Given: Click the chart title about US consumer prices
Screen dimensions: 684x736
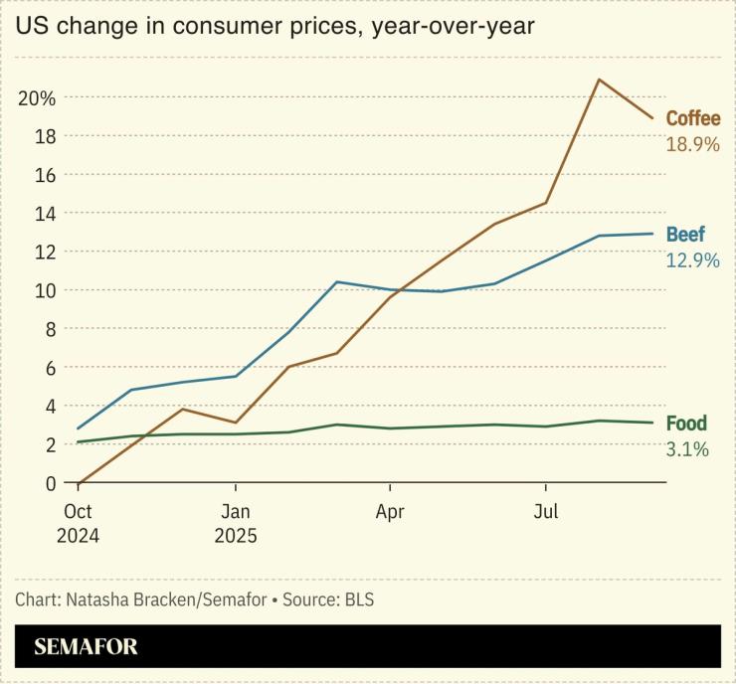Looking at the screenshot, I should [x=276, y=26].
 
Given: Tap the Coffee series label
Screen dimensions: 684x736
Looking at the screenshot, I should [x=692, y=118].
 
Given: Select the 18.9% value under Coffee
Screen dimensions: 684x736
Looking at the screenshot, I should [x=692, y=144].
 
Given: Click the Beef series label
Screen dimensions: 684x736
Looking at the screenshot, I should [x=685, y=235].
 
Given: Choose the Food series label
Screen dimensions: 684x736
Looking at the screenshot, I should [x=686, y=424].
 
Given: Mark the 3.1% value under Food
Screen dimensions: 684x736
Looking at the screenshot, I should [x=686, y=449].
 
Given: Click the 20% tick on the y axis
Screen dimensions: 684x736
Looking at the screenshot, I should [x=36, y=97].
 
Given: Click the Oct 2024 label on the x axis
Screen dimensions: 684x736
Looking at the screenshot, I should [x=78, y=524].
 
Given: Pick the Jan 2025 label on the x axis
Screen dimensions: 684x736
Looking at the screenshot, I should [x=235, y=524].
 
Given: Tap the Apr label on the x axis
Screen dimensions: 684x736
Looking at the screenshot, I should [x=390, y=513].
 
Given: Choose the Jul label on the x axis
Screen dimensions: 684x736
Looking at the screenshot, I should [x=545, y=513].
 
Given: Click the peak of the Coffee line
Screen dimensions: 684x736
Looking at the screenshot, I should [x=598, y=79].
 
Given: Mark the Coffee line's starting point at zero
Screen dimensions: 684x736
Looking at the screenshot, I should [x=79, y=484].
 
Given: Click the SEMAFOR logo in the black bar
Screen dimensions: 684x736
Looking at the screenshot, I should [x=86, y=647].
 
